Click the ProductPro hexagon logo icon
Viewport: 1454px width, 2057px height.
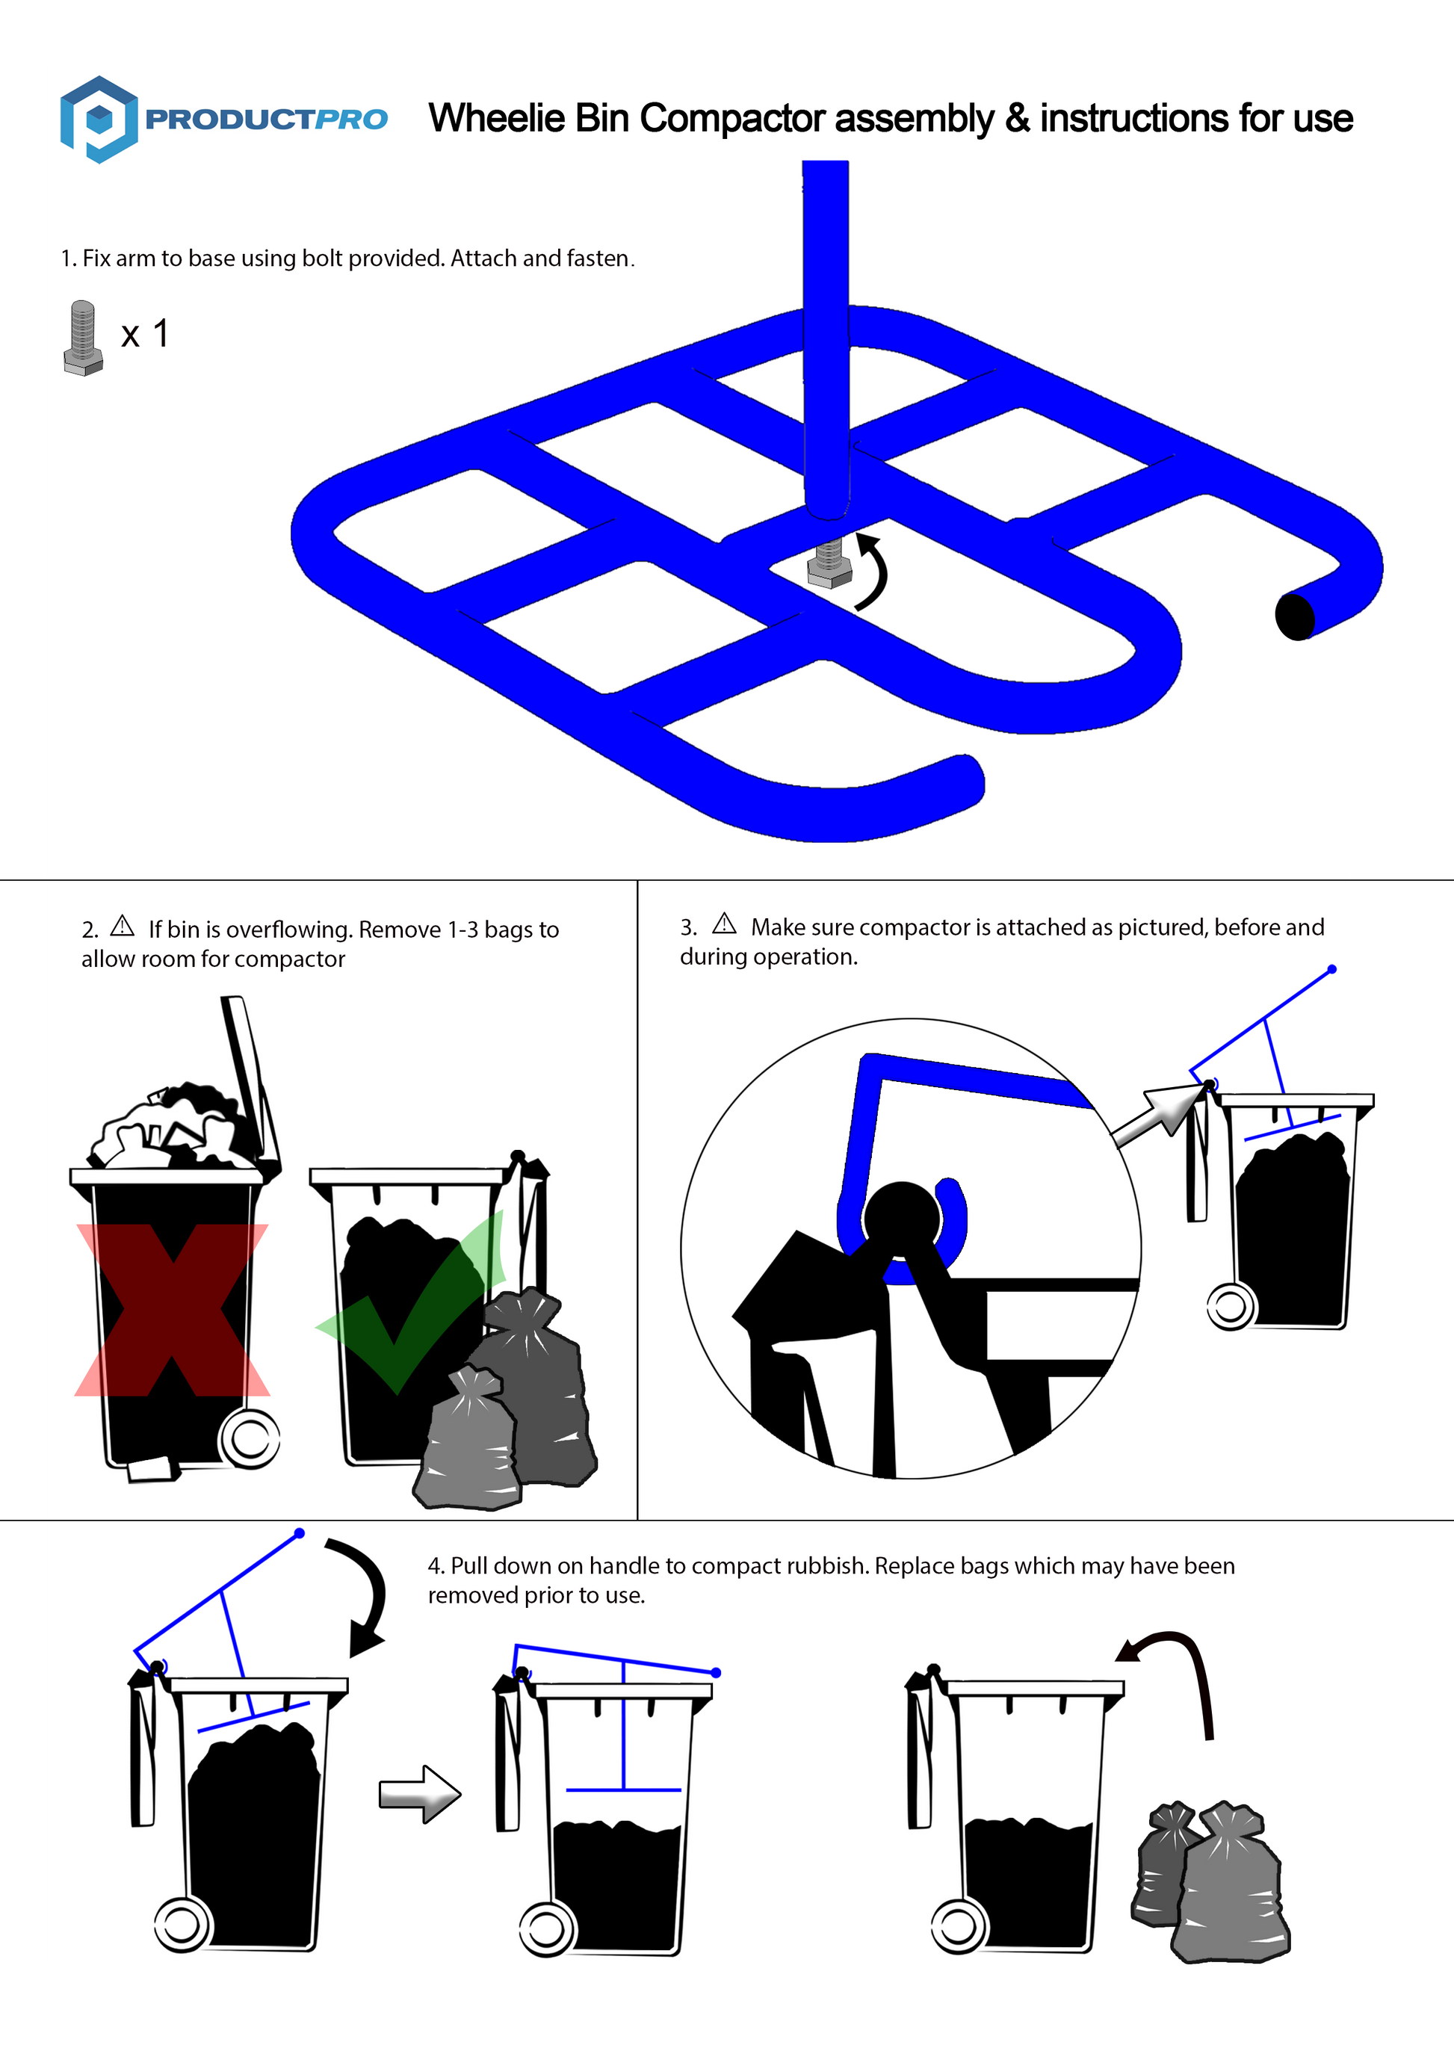[x=99, y=119]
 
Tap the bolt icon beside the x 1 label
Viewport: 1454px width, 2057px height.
[x=82, y=338]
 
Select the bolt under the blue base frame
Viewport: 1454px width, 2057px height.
[x=829, y=563]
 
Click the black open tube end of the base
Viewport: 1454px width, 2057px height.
[x=1295, y=616]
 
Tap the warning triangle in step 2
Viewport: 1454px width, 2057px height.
[x=122, y=926]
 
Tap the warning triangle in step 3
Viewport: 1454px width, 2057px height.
[x=724, y=923]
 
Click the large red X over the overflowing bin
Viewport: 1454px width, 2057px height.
[x=172, y=1310]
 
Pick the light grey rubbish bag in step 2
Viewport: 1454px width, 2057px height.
[x=468, y=1440]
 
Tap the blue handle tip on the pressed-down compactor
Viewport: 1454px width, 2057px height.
[x=716, y=1673]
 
